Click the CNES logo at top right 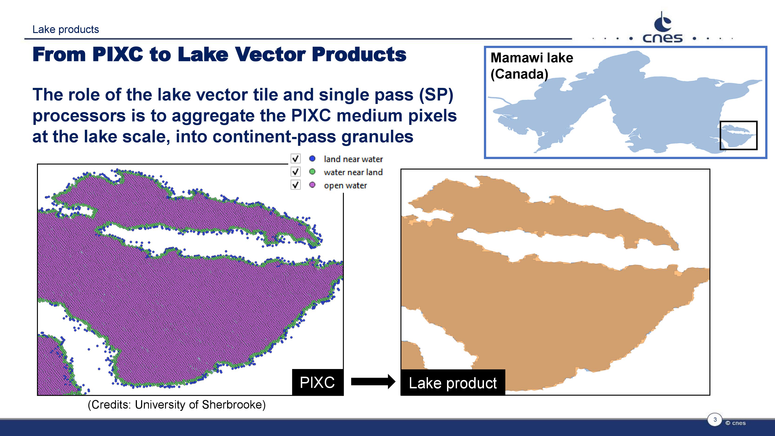pyautogui.click(x=662, y=28)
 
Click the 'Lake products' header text pyautogui.click(x=66, y=30)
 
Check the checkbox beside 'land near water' pyautogui.click(x=295, y=158)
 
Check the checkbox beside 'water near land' pyautogui.click(x=295, y=172)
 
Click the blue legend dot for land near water pyautogui.click(x=312, y=158)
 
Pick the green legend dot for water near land pyautogui.click(x=312, y=172)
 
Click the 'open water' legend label pyautogui.click(x=345, y=185)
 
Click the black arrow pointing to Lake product pyautogui.click(x=373, y=382)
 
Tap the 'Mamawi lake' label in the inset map pyautogui.click(x=532, y=58)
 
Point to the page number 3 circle pyautogui.click(x=715, y=419)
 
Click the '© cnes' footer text pyautogui.click(x=735, y=423)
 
